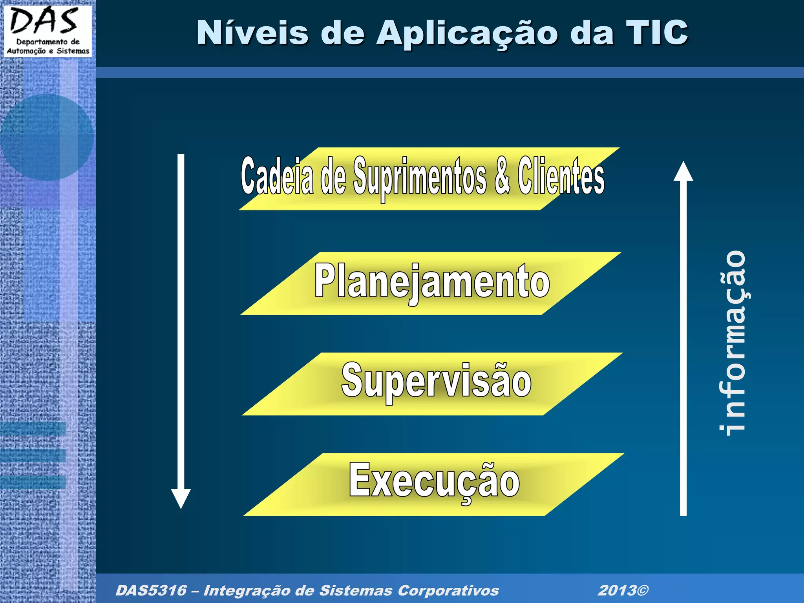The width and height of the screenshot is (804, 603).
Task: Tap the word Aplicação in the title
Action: tap(467, 33)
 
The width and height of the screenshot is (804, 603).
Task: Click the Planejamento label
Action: tap(432, 281)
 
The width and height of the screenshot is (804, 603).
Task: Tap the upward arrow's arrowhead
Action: tap(683, 172)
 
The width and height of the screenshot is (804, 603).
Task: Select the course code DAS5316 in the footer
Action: tap(151, 590)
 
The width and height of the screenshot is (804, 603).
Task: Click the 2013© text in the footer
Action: tap(623, 590)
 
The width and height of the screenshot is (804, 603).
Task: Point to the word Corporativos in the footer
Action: tap(448, 590)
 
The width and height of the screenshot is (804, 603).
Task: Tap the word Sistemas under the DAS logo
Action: tap(73, 51)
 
